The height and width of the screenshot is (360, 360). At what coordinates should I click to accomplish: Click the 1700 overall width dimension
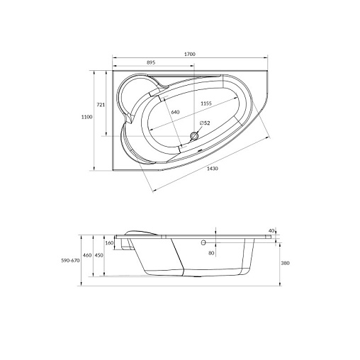[x=190, y=54]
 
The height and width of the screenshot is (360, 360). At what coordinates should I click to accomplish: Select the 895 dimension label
[x=151, y=62]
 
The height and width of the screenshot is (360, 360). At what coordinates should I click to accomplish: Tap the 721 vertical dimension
[x=101, y=105]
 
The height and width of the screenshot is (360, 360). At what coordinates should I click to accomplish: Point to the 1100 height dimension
[x=87, y=117]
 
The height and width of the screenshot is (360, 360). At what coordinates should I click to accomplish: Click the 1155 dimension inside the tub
[x=206, y=103]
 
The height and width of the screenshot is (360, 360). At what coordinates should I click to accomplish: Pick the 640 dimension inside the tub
[x=175, y=112]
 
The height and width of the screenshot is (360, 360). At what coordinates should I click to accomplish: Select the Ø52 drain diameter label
[x=205, y=123]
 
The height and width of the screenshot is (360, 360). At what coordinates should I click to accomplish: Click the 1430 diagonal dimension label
[x=213, y=169]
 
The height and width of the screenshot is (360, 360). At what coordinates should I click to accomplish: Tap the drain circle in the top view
[x=194, y=136]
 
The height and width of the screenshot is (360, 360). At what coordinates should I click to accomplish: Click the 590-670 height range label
[x=70, y=261]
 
